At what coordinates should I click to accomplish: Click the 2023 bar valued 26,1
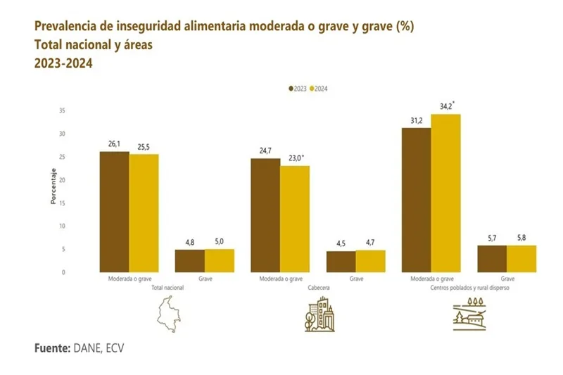[114, 211]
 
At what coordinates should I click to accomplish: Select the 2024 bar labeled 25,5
[144, 212]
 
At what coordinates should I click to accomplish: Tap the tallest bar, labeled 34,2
[445, 193]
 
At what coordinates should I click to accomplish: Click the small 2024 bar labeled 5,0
[219, 260]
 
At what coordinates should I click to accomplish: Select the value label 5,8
[521, 239]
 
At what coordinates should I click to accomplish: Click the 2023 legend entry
[297, 89]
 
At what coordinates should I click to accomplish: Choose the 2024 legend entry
[320, 89]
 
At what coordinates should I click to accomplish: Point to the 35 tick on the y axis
[62, 111]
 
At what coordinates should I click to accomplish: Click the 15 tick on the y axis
[62, 203]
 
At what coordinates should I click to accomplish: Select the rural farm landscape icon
[472, 314]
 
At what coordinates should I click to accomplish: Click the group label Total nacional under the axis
[167, 288]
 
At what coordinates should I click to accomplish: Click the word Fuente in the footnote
[51, 348]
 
